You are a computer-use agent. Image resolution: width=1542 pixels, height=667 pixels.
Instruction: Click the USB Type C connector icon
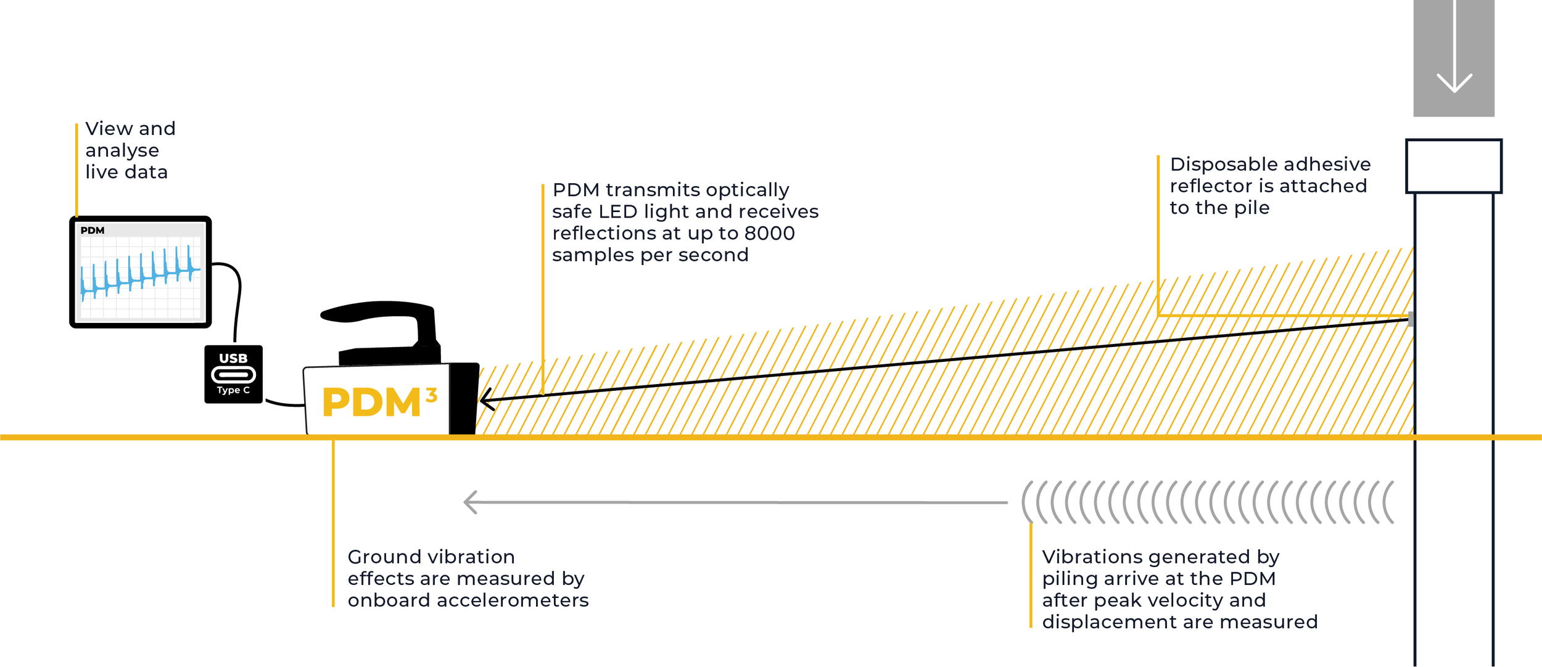tap(233, 374)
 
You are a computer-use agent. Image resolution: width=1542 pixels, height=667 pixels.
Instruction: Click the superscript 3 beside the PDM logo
tap(432, 395)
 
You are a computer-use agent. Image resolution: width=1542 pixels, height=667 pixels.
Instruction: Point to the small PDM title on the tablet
tap(93, 231)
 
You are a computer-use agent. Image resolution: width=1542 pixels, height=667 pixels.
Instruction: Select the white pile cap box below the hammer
tap(1454, 166)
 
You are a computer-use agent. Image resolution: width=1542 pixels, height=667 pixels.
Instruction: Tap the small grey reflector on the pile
tap(1411, 319)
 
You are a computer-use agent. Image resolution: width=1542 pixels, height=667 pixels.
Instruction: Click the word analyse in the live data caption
tap(122, 150)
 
